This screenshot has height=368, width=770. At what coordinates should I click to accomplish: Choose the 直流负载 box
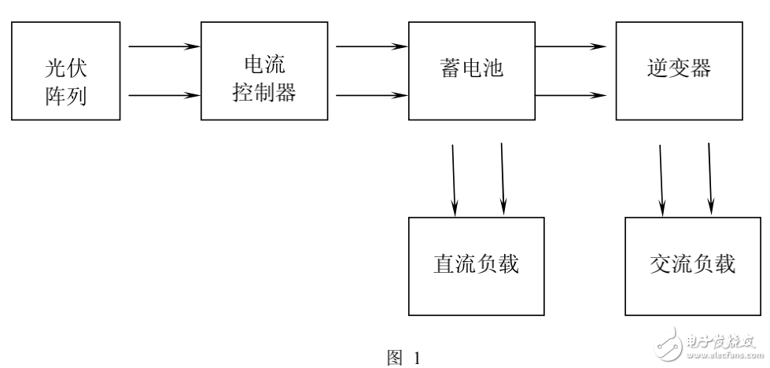click(477, 264)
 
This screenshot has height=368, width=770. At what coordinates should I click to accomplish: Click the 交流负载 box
click(692, 264)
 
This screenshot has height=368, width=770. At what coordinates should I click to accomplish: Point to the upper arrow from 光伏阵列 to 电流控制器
click(163, 46)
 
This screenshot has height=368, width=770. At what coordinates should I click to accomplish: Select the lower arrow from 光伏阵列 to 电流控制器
click(163, 97)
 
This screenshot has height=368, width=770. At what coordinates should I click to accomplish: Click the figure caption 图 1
click(405, 357)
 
